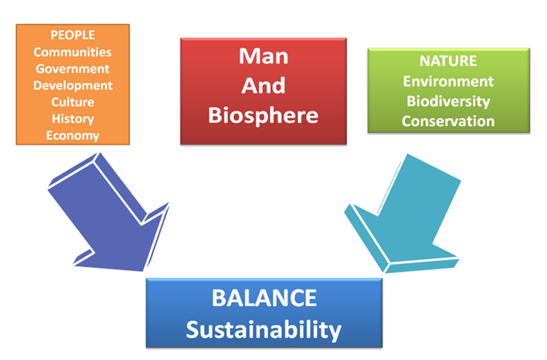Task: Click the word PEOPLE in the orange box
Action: pos(73,35)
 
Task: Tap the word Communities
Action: pos(73,52)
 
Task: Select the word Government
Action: pos(73,69)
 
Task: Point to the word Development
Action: pos(73,86)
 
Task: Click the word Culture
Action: pos(73,102)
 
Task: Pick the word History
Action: pos(73,119)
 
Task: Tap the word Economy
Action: pos(73,136)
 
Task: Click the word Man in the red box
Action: pos(264,56)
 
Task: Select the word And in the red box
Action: pos(264,85)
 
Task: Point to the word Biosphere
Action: pos(264,115)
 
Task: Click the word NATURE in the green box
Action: pos(448,61)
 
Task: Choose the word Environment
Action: pos(448,81)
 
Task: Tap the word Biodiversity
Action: pos(448,101)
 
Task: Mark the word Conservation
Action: pos(448,121)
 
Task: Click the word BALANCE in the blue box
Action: pos(264,298)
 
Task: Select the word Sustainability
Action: pos(264,330)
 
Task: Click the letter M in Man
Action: pos(248,56)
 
